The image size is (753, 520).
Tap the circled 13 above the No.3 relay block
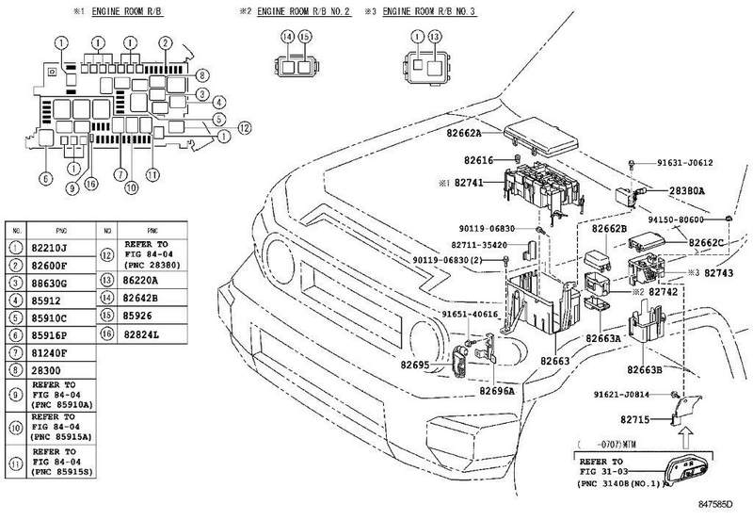click(434, 36)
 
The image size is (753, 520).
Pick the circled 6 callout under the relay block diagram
click(44, 178)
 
